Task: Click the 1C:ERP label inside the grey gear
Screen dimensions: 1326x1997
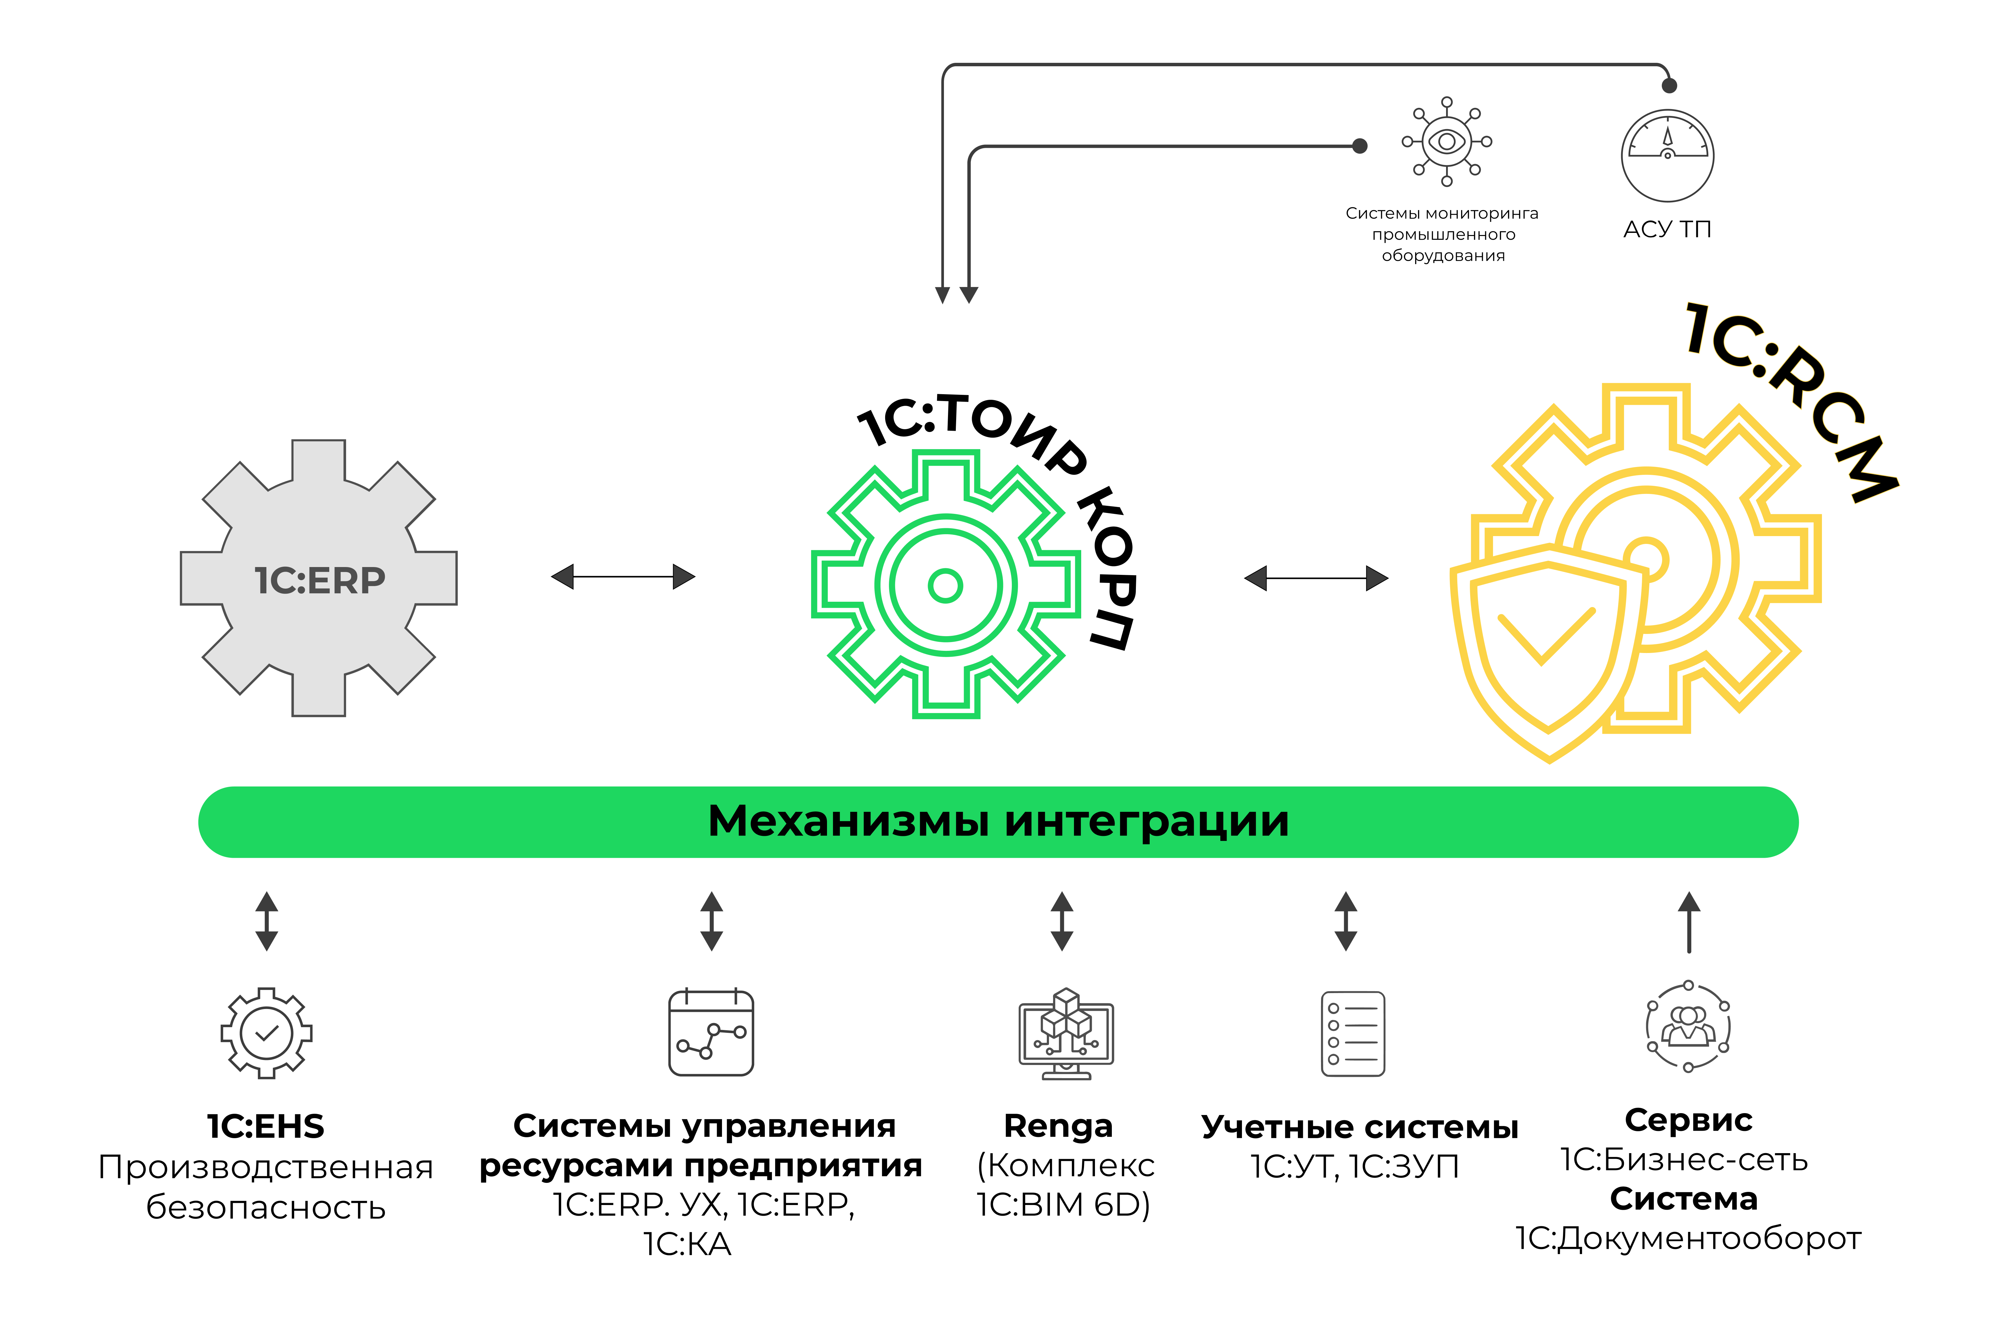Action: [320, 580]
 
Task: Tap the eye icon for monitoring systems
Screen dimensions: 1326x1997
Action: [1446, 141]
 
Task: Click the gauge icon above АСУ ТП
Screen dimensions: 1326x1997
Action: [1667, 156]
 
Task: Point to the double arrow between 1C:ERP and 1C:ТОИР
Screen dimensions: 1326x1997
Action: [623, 577]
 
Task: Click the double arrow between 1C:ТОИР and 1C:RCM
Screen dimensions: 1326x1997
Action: [1316, 578]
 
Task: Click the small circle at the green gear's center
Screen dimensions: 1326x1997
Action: [945, 585]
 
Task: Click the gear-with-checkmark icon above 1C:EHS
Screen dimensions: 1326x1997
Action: [266, 1032]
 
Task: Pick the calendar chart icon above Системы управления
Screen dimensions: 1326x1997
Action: [710, 1032]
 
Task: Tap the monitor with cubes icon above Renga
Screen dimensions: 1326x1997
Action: [1066, 1033]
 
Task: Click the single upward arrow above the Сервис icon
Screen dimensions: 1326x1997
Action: [1689, 922]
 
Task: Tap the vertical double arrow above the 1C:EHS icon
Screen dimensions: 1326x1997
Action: [266, 921]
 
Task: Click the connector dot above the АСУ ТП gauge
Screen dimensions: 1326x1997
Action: [1669, 85]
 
